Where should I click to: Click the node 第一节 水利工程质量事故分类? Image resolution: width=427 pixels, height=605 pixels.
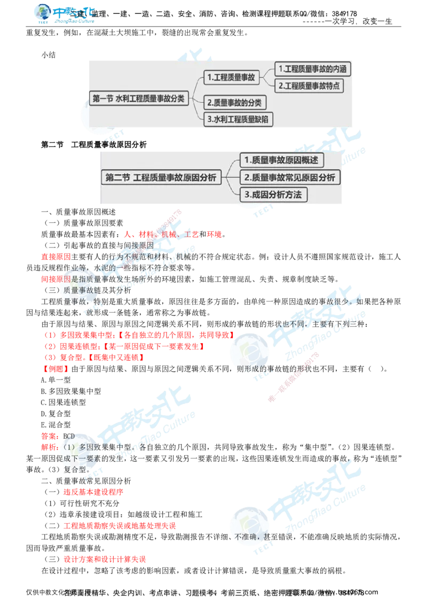[139, 99]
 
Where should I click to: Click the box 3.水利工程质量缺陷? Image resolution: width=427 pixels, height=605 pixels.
[239, 120]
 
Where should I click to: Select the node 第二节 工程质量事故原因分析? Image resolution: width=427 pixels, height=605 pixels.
[161, 179]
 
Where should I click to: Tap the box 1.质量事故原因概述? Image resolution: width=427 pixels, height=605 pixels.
[281, 160]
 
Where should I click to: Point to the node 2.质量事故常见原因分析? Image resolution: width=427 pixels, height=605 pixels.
[290, 177]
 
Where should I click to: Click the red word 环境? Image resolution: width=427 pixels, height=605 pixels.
[213, 235]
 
